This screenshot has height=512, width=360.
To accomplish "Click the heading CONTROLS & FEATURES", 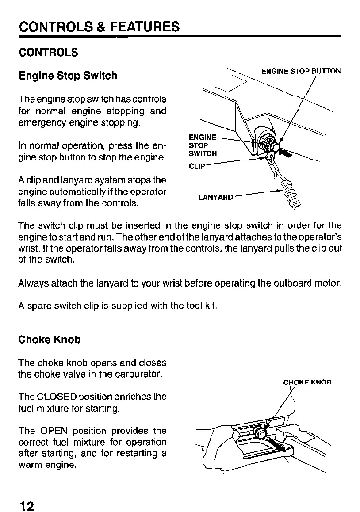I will point(99,27).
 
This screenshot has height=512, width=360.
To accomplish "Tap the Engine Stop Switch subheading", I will point(68,76).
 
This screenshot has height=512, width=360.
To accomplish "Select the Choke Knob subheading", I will point(50,340).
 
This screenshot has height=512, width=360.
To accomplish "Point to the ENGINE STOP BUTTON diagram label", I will point(301,71).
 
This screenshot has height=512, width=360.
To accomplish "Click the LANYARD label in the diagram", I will point(215,197).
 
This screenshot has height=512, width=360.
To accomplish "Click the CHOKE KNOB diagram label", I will point(307,382).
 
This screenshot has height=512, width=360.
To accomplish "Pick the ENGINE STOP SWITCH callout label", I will point(203,145).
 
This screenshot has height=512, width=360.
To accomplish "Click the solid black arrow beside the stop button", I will point(287,153).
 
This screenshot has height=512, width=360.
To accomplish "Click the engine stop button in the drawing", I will point(275,147).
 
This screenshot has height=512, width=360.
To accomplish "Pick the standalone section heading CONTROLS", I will point(48,52).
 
